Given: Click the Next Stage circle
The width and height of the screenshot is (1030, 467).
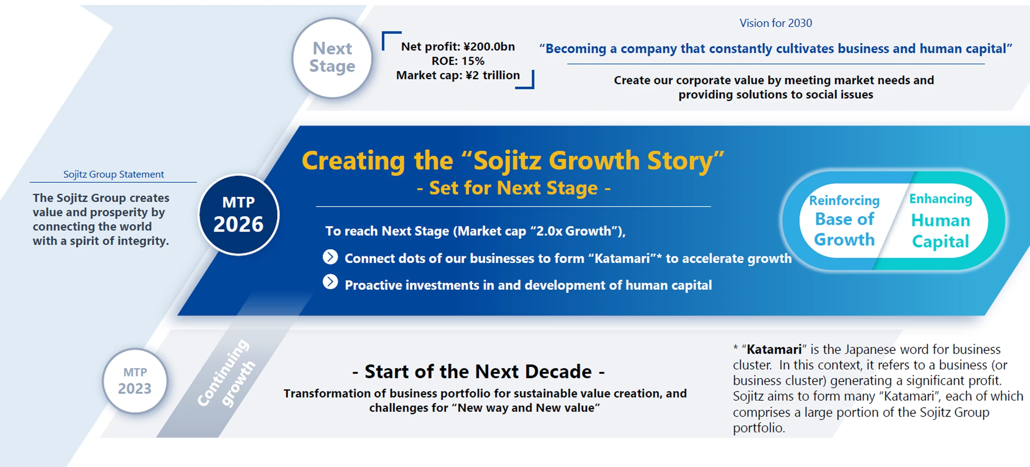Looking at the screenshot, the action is click(x=332, y=58).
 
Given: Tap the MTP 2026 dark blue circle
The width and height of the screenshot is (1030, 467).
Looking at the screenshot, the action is click(x=239, y=215).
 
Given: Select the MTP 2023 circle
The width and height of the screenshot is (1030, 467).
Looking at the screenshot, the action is click(x=135, y=380).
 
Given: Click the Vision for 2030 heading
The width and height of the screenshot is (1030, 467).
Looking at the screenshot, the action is click(x=776, y=23).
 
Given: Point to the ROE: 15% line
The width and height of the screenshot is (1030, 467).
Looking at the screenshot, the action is click(x=458, y=61).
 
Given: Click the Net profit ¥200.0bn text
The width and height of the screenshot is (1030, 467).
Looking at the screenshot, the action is click(x=458, y=46).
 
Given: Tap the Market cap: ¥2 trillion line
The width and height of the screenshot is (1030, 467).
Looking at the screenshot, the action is click(x=458, y=75).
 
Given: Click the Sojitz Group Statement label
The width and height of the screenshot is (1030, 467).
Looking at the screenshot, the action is click(x=113, y=174).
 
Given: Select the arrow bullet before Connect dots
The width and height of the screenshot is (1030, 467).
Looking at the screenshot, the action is click(x=330, y=257).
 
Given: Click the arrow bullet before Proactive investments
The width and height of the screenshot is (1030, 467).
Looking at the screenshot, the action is click(x=330, y=282).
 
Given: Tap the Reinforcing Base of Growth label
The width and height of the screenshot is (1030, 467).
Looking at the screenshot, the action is click(x=845, y=220).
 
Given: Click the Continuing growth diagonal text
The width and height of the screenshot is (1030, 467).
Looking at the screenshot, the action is click(x=227, y=373).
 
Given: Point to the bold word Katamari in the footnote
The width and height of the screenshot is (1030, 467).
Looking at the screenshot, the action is click(x=774, y=349).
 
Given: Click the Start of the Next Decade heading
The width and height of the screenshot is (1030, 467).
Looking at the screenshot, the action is click(x=478, y=371).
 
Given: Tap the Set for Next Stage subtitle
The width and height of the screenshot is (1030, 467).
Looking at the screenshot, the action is click(x=514, y=188).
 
